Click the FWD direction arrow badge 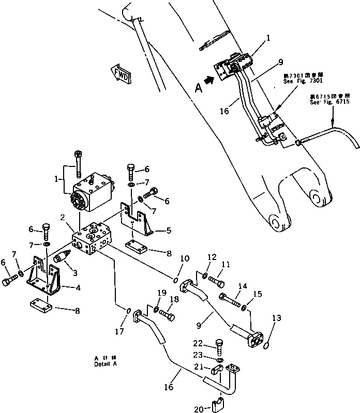point(122,75)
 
